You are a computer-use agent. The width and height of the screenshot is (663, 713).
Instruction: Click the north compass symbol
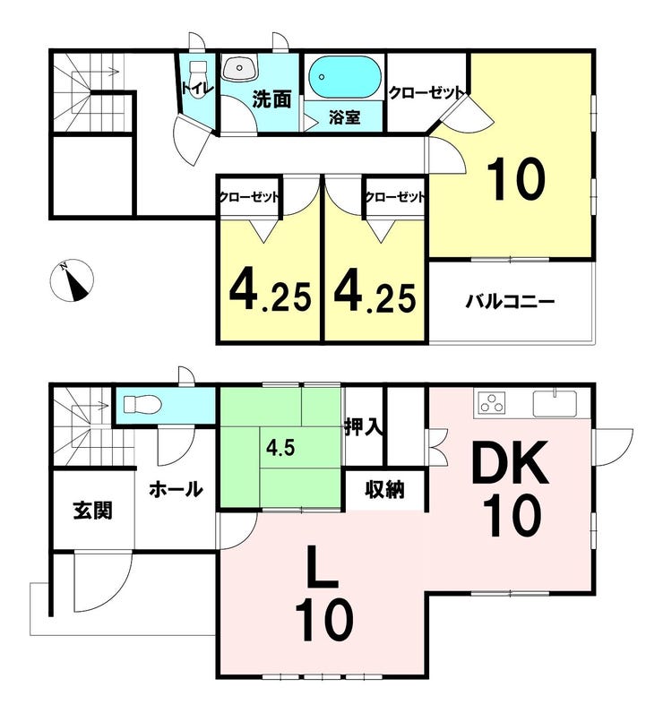[x=72, y=280]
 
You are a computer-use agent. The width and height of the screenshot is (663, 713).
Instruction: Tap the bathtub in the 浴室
[x=344, y=77]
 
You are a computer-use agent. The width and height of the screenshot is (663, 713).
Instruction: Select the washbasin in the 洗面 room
[x=239, y=69]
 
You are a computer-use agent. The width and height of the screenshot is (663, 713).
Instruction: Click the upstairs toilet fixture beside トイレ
[x=197, y=73]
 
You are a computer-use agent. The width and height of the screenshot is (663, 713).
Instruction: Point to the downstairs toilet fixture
[x=142, y=404]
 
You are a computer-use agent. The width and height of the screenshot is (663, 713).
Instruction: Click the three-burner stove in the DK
[x=490, y=403]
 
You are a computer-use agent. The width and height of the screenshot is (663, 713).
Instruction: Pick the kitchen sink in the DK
[x=555, y=403]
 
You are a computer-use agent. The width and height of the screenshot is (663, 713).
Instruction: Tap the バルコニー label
[x=509, y=302]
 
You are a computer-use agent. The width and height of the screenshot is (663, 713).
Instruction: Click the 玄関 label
[x=93, y=511]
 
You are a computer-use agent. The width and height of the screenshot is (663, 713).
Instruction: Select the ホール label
[x=176, y=489]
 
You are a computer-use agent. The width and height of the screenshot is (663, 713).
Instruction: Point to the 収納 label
[x=384, y=490]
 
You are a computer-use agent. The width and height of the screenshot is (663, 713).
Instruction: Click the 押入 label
[x=363, y=427]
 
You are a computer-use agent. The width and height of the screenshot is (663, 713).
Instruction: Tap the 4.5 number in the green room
[x=280, y=449]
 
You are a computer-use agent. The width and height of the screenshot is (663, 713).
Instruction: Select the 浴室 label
[x=344, y=117]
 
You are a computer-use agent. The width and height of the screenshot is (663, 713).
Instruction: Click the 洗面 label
[x=271, y=99]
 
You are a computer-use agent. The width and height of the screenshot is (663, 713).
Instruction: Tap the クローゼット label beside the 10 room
[x=426, y=93]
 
